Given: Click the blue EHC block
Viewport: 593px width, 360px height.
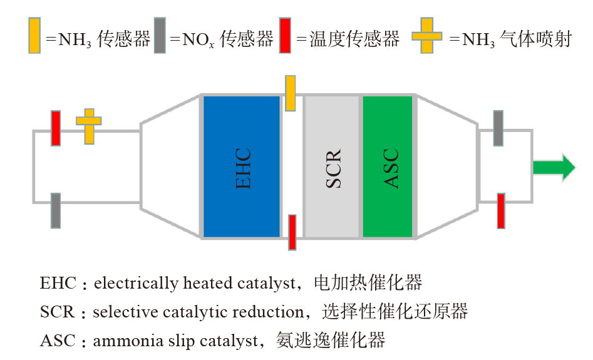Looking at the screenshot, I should (x=242, y=167).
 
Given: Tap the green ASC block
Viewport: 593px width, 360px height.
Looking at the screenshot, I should (x=388, y=167).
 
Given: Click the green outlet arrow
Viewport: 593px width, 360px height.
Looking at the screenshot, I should (x=554, y=167).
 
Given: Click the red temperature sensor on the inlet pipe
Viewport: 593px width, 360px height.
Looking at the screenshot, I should (x=56, y=128).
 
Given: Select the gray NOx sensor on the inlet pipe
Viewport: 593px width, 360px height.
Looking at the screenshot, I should (x=56, y=210).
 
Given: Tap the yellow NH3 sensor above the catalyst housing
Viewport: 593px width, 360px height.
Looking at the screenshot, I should (x=290, y=93).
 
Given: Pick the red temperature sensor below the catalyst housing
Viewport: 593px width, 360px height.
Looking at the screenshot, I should (x=292, y=232).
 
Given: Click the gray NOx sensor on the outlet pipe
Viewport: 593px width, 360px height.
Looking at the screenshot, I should (x=498, y=128).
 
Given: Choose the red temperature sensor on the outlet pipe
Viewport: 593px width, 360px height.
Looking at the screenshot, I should (x=501, y=210).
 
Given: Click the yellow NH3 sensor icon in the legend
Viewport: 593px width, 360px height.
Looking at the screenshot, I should (x=34, y=36).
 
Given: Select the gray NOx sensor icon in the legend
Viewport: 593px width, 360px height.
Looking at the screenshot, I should (x=160, y=36).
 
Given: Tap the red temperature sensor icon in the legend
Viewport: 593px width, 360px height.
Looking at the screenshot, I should (x=285, y=36).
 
